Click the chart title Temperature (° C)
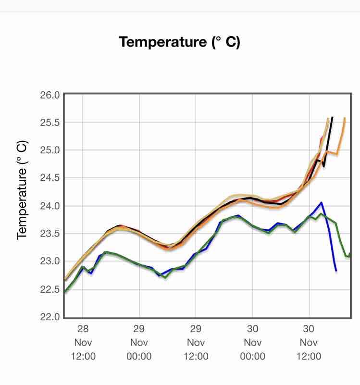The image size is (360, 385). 179,42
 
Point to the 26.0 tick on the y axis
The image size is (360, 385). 50,95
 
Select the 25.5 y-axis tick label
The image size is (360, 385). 50,123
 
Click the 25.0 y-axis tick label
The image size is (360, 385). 50,150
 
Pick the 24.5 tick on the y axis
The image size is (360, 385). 50,178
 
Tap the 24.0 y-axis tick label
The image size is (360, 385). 50,206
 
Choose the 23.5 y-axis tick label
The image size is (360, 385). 50,234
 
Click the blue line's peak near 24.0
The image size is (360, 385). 321,203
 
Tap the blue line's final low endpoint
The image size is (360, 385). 336,271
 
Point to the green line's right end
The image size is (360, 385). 350,255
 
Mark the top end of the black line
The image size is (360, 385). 332,117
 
